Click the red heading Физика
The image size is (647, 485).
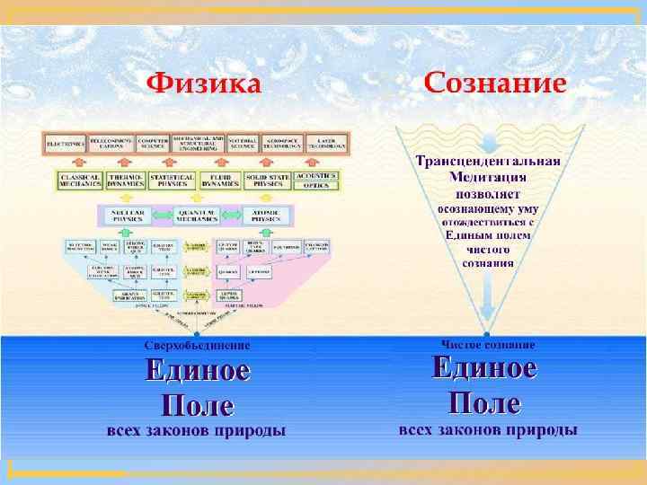tap(204, 86)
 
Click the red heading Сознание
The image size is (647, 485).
tap(494, 84)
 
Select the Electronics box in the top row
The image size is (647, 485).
tap(66, 144)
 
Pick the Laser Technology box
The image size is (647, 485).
tap(327, 144)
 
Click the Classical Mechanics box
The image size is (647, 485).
tap(79, 181)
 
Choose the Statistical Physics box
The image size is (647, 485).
tap(172, 181)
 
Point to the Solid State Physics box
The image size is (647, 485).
tap(267, 181)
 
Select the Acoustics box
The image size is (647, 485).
tap(317, 175)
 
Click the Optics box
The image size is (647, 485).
tap(317, 186)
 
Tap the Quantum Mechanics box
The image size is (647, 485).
tap(196, 216)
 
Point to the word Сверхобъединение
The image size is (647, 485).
tap(198, 345)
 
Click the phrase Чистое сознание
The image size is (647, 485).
tap(488, 344)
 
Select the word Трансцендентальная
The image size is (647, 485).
tap(488, 162)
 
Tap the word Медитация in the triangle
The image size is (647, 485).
tap(488, 177)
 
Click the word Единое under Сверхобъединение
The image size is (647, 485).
tap(198, 370)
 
